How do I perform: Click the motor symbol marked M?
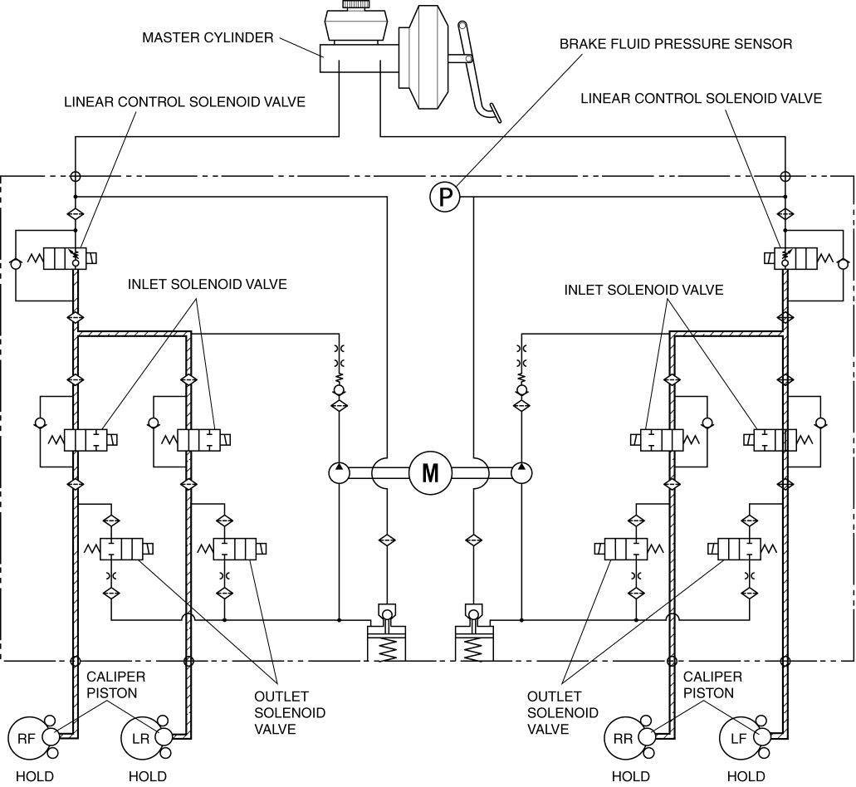[430, 472]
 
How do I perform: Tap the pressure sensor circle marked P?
[445, 197]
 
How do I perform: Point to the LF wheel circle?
[739, 738]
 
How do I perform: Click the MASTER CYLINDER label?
[208, 37]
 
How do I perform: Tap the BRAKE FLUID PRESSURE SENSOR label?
[676, 44]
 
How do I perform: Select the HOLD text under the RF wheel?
[35, 776]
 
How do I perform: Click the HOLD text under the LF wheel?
[746, 776]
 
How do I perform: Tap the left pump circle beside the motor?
[339, 472]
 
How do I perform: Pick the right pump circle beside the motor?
[522, 472]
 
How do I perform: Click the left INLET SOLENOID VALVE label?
[207, 285]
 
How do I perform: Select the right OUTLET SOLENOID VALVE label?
[562, 713]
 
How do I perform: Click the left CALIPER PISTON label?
[115, 685]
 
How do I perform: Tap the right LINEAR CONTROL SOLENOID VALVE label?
[701, 99]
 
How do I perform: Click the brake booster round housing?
[431, 56]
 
